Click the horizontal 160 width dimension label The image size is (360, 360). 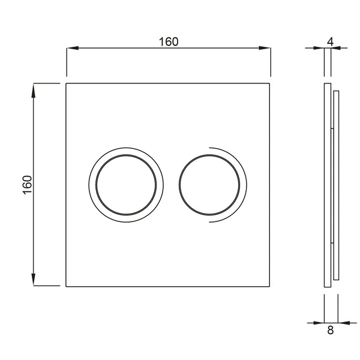169,42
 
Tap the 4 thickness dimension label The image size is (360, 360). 331,42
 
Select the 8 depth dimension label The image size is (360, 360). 331,329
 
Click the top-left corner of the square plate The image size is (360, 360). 66,83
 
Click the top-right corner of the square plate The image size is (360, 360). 270,83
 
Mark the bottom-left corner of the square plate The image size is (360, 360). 66,286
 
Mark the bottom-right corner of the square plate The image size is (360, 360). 270,286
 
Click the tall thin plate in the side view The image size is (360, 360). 327,185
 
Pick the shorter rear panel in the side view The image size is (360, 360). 336,185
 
